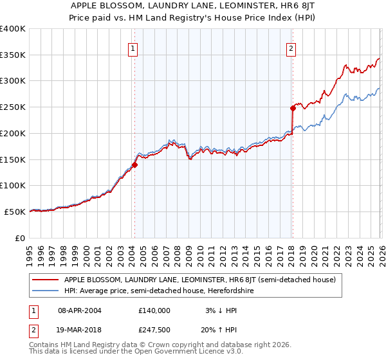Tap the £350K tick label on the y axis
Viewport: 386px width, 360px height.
point(13,55)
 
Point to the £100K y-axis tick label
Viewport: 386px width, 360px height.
point(13,185)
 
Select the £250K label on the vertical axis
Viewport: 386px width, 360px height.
point(13,107)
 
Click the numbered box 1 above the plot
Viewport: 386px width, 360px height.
point(133,48)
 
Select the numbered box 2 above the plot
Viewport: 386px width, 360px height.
point(291,48)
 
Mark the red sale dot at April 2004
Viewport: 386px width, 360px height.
point(134,165)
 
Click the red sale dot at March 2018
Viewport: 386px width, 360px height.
point(292,108)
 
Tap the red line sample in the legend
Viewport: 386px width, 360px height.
point(45,280)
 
